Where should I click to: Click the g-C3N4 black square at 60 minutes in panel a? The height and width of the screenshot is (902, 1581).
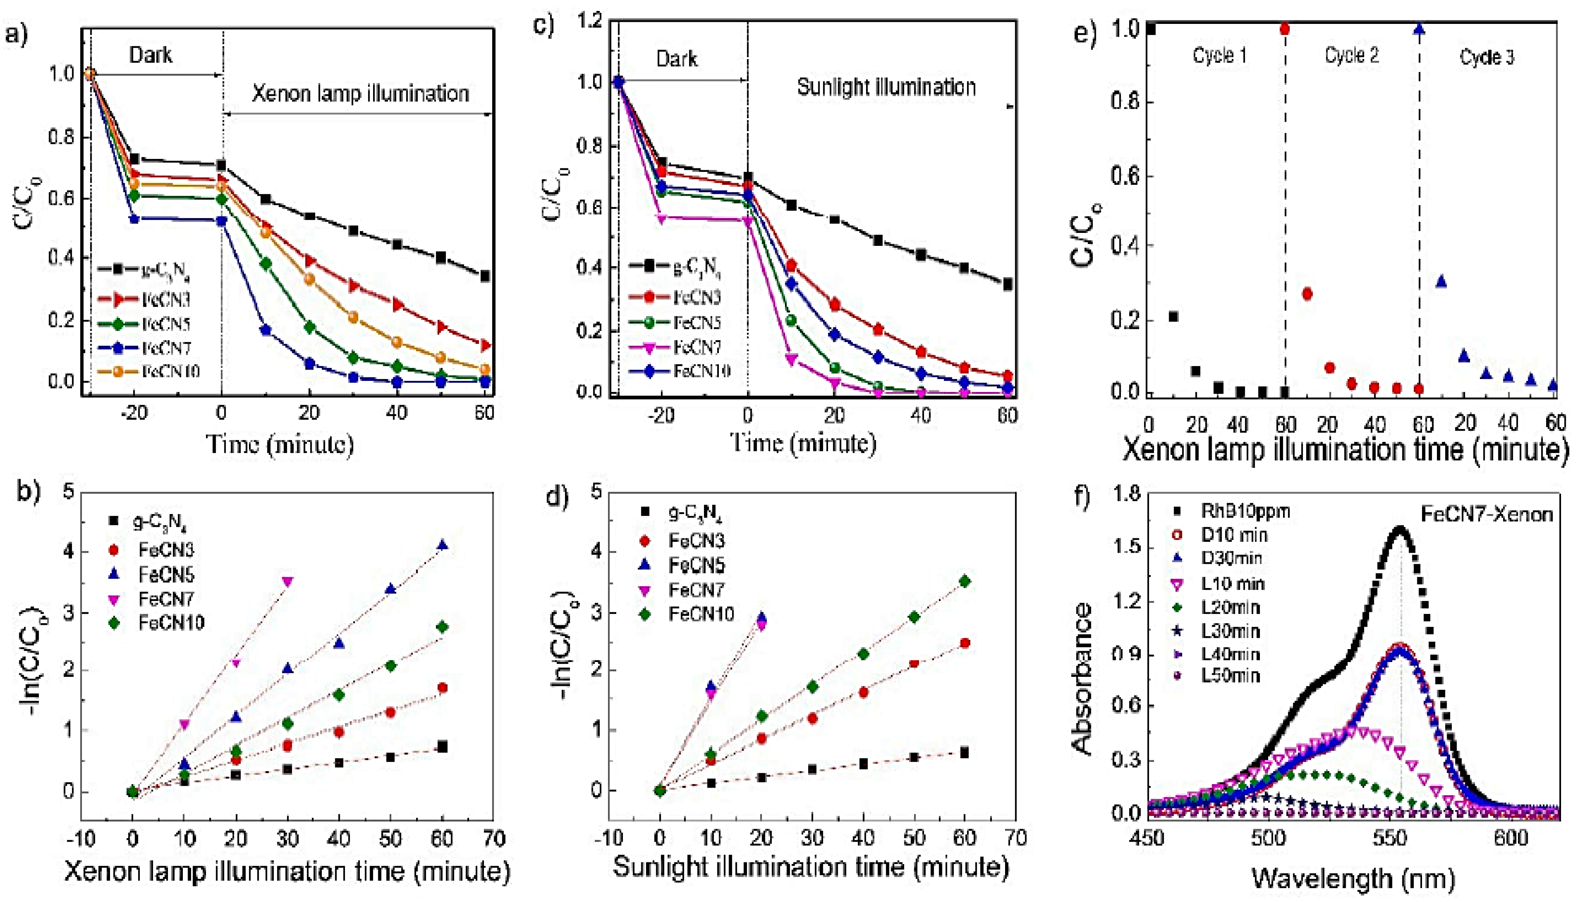click(485, 276)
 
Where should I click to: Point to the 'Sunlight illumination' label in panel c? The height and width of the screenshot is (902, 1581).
click(886, 87)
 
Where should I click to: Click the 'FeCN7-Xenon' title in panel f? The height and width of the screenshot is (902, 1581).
click(1485, 514)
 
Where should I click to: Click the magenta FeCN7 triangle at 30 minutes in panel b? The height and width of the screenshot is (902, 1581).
click(287, 581)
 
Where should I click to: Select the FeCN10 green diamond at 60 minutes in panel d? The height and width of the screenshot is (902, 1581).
click(964, 581)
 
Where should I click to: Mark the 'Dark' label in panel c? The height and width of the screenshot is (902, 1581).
click(677, 60)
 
